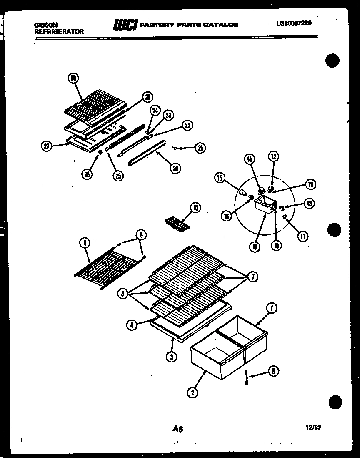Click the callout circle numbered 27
coord(47,146)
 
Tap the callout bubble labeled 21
coord(200,147)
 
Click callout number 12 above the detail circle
coord(274,157)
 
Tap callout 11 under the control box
coord(255,246)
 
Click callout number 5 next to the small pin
coord(273,371)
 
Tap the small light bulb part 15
coord(242,192)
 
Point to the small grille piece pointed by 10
coord(177,223)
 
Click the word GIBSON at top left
coord(45,25)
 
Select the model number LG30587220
coord(293,24)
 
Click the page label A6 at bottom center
coord(178,428)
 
